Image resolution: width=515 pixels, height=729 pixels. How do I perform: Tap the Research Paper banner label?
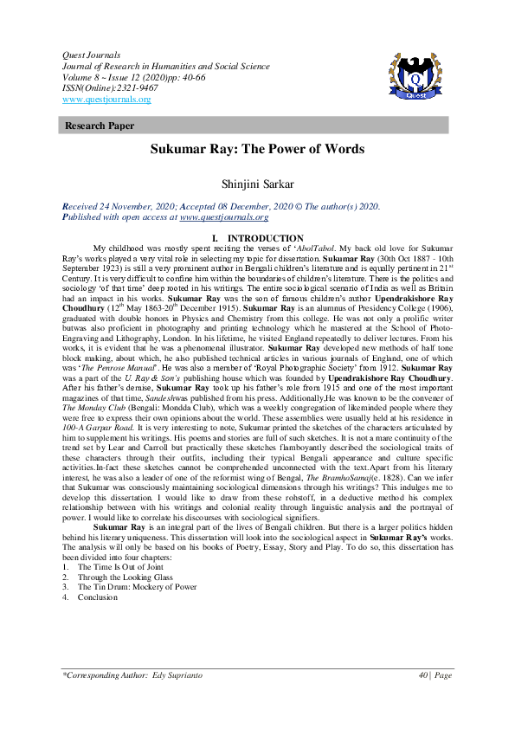pyautogui.click(x=100, y=126)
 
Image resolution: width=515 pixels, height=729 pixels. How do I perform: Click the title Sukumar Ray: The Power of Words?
pyautogui.click(x=257, y=149)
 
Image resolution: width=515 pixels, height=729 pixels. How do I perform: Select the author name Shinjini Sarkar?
pyautogui.click(x=257, y=184)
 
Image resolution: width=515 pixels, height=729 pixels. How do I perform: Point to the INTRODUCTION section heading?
pyautogui.click(x=263, y=238)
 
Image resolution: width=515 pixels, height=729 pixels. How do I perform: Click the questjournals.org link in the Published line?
pyautogui.click(x=223, y=218)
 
